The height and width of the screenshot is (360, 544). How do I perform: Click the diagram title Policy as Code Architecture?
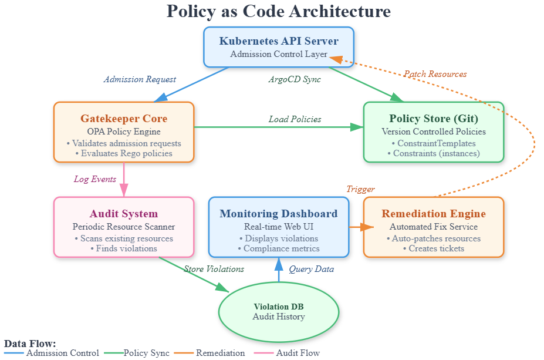point(279,11)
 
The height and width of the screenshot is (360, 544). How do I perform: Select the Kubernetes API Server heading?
point(279,41)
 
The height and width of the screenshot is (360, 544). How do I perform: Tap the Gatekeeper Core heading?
point(124,119)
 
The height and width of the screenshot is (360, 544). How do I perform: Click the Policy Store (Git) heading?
point(434,119)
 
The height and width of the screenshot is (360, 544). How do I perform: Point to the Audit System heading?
point(124,214)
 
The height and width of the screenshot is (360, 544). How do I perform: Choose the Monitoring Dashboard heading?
point(279,214)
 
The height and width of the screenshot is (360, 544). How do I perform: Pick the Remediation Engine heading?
point(434,214)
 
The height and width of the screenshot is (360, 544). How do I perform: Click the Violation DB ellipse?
point(279,311)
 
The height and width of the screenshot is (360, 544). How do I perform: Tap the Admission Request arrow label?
point(140,79)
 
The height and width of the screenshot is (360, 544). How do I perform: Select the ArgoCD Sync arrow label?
point(295,79)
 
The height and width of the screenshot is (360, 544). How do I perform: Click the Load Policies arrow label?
point(295,119)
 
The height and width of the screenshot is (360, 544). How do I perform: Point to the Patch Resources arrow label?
point(435,74)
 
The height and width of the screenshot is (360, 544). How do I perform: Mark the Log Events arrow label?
point(95,179)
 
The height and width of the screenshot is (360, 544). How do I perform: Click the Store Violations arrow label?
point(214,269)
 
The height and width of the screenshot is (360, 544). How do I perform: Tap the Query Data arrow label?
point(311,269)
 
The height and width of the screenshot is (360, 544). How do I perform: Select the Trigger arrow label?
point(360,189)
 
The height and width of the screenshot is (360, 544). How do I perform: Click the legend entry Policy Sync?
point(146,353)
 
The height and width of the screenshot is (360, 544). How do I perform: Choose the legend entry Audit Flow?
point(297,353)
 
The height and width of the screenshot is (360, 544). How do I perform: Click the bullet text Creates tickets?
point(434,248)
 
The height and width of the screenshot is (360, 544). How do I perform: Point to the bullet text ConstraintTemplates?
point(434,143)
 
